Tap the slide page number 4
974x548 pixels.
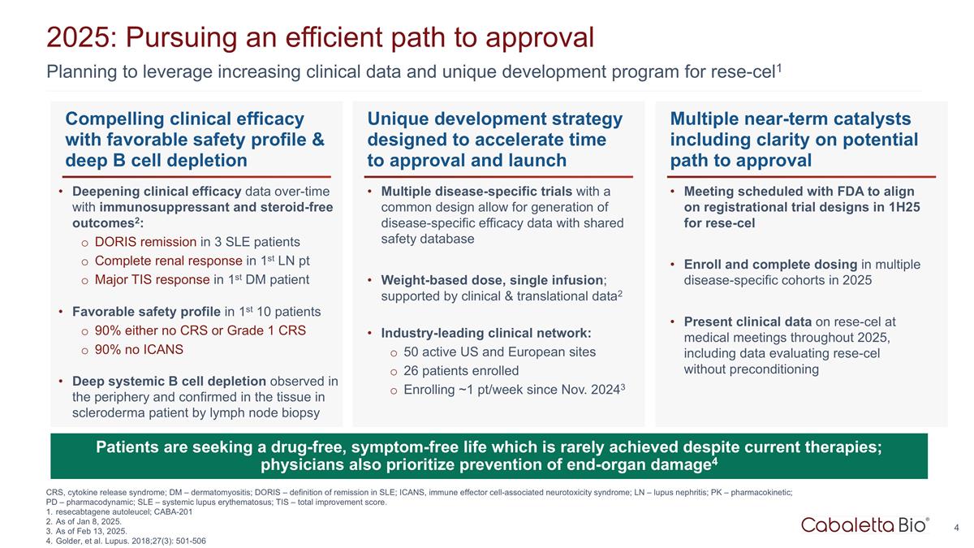click(x=956, y=529)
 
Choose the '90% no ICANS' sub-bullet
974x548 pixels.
click(x=139, y=350)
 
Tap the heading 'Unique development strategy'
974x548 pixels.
click(x=495, y=119)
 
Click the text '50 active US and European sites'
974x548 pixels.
click(x=499, y=352)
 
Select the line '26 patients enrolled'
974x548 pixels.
click(x=461, y=371)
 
